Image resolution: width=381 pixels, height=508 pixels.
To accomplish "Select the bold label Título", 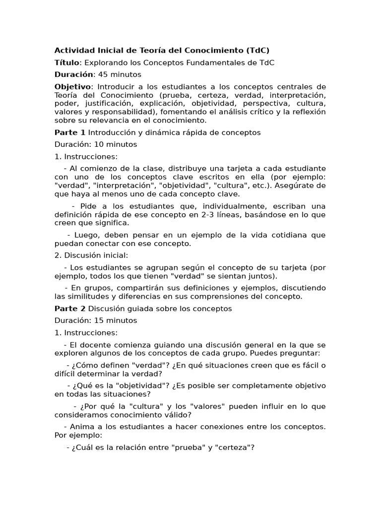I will pyautogui.click(x=66, y=63).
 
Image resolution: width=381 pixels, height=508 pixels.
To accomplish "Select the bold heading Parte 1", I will pyautogui.click(x=69, y=132).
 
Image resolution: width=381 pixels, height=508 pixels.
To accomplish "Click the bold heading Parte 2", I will pyautogui.click(x=69, y=309).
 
